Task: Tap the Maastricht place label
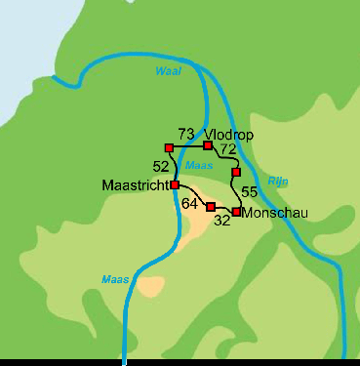click(x=135, y=184)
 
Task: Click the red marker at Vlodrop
click(x=208, y=145)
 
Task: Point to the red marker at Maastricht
click(x=175, y=184)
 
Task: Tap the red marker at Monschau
click(x=236, y=212)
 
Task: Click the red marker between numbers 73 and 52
click(x=169, y=148)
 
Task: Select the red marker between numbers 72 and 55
click(x=236, y=172)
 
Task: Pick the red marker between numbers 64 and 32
click(x=211, y=207)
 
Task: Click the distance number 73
click(x=186, y=134)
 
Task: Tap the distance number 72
click(x=227, y=149)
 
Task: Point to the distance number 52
click(x=161, y=166)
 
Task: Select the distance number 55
click(x=249, y=191)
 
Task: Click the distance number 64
click(x=190, y=203)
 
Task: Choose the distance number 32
click(x=221, y=221)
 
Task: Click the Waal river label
click(x=169, y=71)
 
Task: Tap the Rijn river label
click(x=278, y=179)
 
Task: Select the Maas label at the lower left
click(x=114, y=280)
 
